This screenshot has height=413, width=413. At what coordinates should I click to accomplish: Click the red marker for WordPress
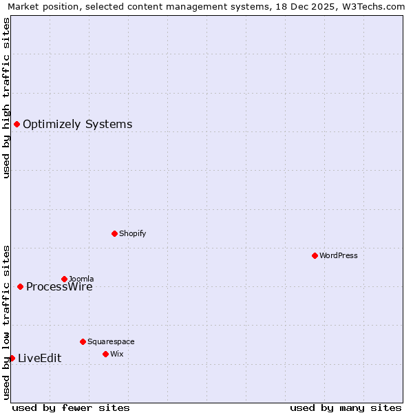click(x=315, y=255)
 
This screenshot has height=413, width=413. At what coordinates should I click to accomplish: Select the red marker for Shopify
click(x=114, y=233)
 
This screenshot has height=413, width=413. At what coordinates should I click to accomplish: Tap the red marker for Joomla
click(x=64, y=279)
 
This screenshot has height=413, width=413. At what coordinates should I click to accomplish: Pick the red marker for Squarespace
click(x=83, y=341)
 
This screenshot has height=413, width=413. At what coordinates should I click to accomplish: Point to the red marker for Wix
click(x=105, y=354)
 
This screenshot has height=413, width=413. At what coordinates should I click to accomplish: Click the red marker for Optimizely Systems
click(x=17, y=124)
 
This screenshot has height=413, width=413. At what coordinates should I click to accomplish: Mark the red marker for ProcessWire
click(x=20, y=286)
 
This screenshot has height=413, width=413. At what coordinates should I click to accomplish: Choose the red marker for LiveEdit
click(x=12, y=358)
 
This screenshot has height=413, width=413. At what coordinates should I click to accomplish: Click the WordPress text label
click(x=338, y=255)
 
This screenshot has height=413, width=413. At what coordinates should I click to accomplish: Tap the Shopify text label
click(x=132, y=233)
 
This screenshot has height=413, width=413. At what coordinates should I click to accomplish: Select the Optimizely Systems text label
click(x=77, y=124)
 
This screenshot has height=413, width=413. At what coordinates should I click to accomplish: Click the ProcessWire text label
click(x=59, y=287)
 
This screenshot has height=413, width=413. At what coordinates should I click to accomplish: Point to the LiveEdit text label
click(x=39, y=358)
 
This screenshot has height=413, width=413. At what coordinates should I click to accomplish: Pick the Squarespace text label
click(x=111, y=341)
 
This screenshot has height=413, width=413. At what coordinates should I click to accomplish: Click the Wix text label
click(x=116, y=354)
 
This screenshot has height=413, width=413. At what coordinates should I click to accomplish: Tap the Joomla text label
click(x=81, y=279)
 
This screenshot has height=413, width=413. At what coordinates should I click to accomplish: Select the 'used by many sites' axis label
click(x=346, y=407)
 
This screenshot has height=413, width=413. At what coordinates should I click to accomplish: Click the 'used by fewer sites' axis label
click(x=71, y=407)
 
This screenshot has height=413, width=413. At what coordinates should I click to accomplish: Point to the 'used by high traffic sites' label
click(x=6, y=98)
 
